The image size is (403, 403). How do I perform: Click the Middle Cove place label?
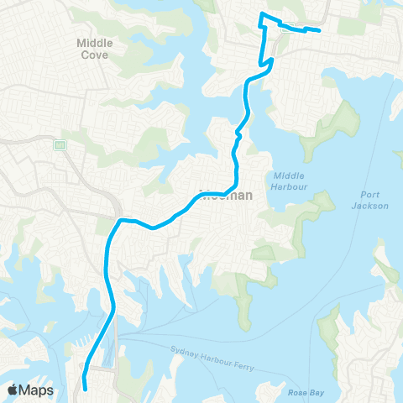[x=94, y=48]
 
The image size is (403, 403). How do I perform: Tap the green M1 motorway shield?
[x=60, y=145]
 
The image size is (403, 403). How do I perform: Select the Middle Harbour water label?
[x=290, y=181]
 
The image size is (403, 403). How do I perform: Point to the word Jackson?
[x=370, y=206]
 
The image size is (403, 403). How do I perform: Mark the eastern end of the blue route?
[x=320, y=31]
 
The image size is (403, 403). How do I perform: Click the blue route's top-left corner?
[x=262, y=16]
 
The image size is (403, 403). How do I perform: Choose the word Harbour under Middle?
[x=290, y=186]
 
